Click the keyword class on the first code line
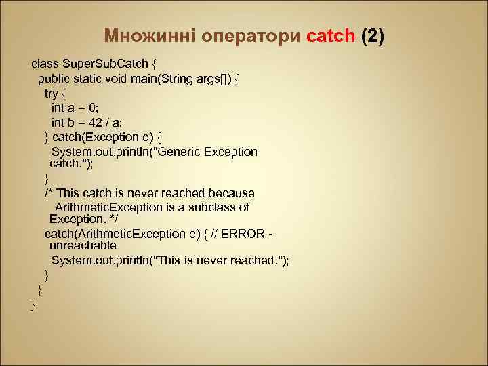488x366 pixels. point(45,64)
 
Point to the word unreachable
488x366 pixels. point(83,245)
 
